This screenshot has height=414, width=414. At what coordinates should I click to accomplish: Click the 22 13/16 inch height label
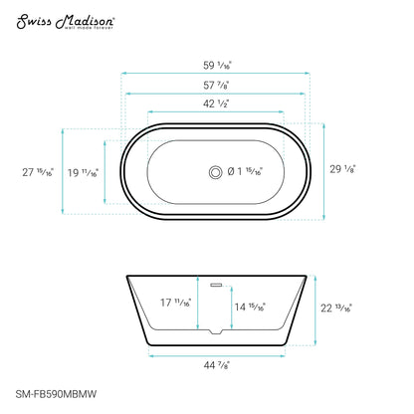(x=335, y=308)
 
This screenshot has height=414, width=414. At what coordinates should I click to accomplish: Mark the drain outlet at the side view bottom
(x=216, y=330)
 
